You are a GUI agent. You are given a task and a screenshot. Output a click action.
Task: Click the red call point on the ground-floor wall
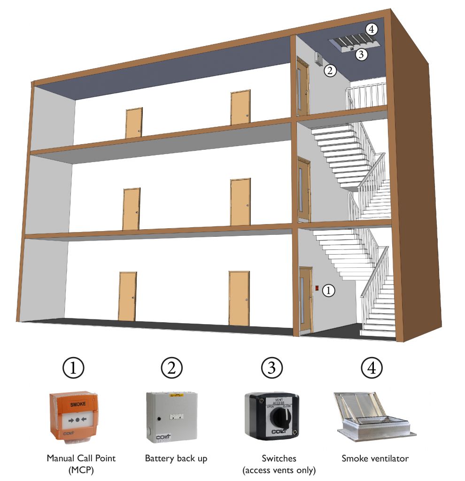click(317, 287)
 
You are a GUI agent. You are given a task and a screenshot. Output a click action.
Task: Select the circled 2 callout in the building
click(330, 71)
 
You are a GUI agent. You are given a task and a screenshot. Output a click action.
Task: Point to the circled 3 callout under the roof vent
click(361, 54)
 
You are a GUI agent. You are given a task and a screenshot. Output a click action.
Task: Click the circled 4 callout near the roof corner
click(372, 29)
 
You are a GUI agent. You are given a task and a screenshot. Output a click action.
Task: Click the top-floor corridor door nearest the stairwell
click(240, 108)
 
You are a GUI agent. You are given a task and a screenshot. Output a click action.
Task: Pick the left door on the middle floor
click(131, 209)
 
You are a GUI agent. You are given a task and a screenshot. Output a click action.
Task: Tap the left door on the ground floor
click(127, 296)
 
